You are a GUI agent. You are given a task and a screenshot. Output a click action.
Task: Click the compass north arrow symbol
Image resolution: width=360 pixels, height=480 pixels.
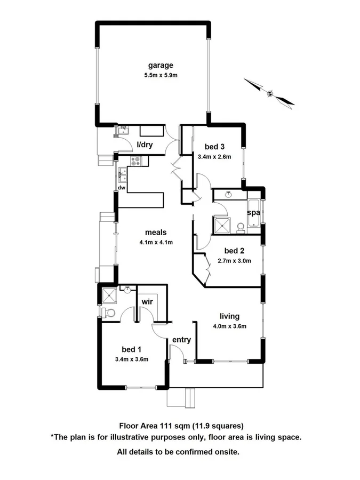click(270, 93)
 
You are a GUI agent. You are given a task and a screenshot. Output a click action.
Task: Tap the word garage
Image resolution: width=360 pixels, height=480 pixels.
click(161, 66)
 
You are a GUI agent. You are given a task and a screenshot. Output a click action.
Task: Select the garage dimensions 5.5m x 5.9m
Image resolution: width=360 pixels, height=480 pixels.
click(161, 75)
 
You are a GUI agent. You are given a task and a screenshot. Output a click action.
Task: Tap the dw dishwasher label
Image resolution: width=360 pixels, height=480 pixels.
click(122, 188)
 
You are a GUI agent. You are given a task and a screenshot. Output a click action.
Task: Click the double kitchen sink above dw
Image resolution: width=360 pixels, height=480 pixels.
click(123, 172)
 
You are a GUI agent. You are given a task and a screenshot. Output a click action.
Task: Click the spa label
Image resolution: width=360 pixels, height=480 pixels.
click(253, 212)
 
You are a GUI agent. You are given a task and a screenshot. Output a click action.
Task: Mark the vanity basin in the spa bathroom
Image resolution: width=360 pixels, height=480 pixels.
click(229, 195)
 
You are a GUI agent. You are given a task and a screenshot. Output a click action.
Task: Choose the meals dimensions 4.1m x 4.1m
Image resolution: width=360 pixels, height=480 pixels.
click(156, 242)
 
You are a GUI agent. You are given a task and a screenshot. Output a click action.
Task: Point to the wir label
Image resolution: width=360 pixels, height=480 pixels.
click(147, 302)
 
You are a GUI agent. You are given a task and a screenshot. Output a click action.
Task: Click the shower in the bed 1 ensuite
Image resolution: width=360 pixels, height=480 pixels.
click(110, 295)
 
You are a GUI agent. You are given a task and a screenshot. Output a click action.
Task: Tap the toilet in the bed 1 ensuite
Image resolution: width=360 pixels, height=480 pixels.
click(109, 313)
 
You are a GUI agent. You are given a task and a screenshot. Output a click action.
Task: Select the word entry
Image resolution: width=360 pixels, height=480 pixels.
click(181, 340)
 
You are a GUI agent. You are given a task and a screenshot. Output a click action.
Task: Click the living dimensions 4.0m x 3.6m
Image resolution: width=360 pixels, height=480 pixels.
click(229, 326)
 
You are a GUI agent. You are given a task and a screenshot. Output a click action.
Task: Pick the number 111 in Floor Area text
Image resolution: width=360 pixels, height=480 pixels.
click(164, 426)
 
